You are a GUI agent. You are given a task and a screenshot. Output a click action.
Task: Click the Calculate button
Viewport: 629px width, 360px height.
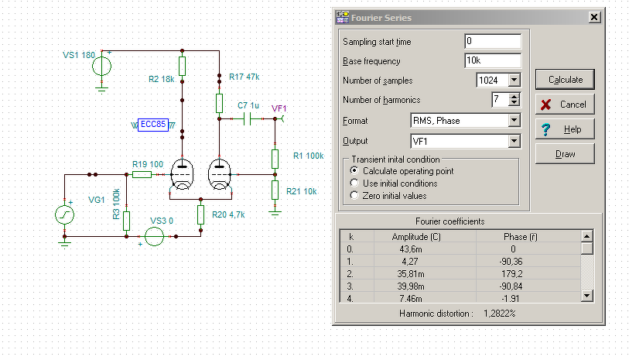[x=565, y=80]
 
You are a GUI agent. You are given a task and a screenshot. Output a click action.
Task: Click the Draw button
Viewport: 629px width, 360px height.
[x=565, y=154]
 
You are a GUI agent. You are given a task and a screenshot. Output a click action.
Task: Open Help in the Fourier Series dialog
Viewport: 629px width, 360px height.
[x=565, y=129]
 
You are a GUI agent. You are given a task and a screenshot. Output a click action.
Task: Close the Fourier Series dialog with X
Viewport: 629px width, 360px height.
[x=594, y=17]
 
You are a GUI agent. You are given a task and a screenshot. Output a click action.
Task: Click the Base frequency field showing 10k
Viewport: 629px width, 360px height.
[x=493, y=60]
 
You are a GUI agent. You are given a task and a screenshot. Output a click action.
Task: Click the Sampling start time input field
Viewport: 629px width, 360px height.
[x=493, y=41]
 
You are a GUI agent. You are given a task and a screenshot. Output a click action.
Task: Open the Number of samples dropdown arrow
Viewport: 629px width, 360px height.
[x=514, y=81]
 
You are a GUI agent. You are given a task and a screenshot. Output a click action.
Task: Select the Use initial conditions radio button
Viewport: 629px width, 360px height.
[x=354, y=183]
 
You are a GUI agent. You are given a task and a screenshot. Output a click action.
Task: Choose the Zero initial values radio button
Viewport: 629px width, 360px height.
[x=354, y=195]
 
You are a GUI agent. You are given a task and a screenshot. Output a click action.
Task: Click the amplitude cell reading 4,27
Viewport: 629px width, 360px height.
[x=410, y=262]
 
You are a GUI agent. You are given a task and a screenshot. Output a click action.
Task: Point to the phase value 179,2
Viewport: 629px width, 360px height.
[x=512, y=274]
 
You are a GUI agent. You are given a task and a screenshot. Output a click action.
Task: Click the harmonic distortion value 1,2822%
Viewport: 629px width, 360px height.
[x=500, y=314]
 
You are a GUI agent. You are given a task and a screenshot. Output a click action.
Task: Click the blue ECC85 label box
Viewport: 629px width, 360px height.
[x=153, y=125]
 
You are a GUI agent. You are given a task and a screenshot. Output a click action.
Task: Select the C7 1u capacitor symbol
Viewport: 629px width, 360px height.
[x=247, y=118]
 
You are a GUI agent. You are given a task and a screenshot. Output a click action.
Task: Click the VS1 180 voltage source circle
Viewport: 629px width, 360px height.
[x=102, y=67]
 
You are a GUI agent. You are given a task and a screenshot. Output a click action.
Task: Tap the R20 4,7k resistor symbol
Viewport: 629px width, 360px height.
[x=201, y=214]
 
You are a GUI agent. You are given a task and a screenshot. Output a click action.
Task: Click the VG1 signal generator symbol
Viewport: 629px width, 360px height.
[x=64, y=214]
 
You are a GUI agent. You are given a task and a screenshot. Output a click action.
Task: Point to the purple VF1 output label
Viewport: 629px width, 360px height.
[x=279, y=108]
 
